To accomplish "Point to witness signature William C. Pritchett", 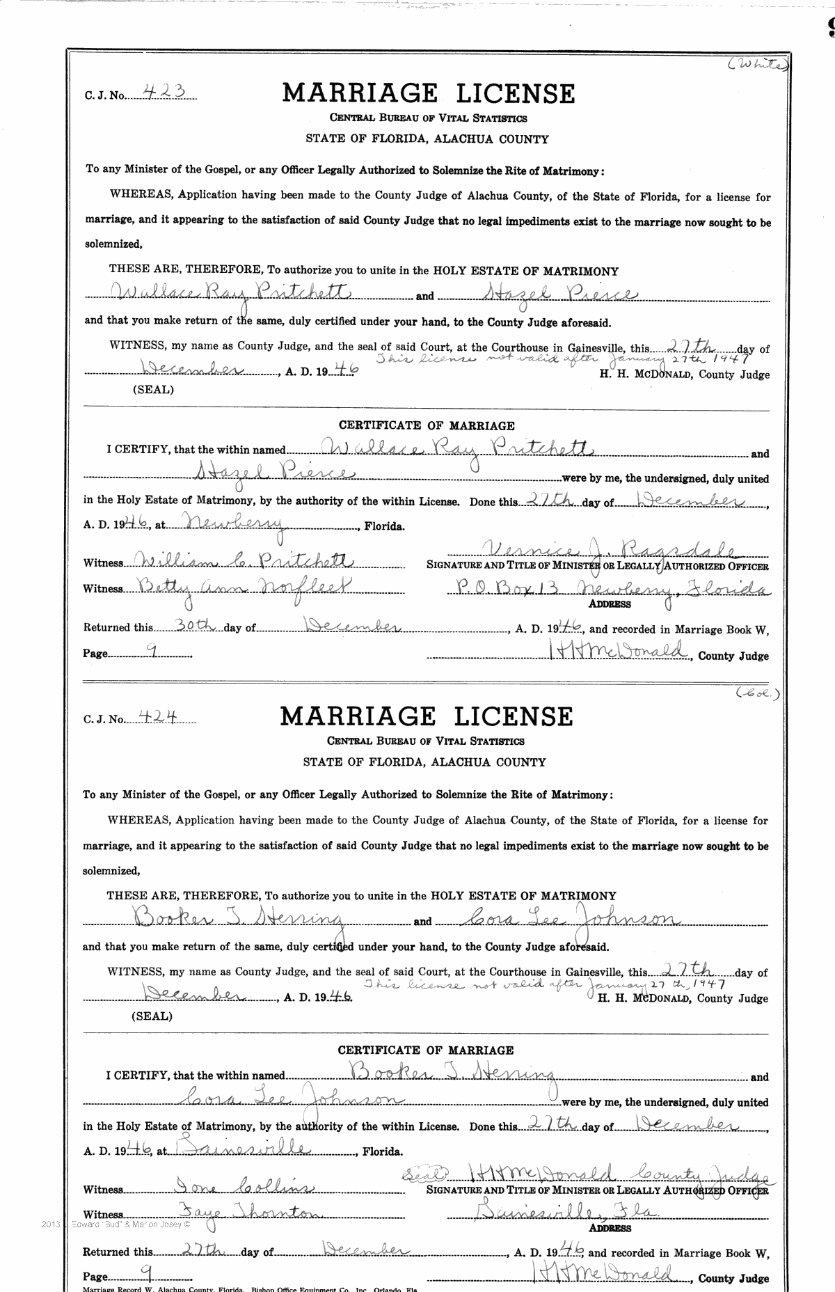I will [247, 561].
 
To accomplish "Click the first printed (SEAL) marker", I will [153, 390].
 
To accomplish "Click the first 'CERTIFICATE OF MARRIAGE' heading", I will [427, 425].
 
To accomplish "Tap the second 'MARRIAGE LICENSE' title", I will [426, 716].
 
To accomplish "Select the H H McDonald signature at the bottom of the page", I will [610, 1273].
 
